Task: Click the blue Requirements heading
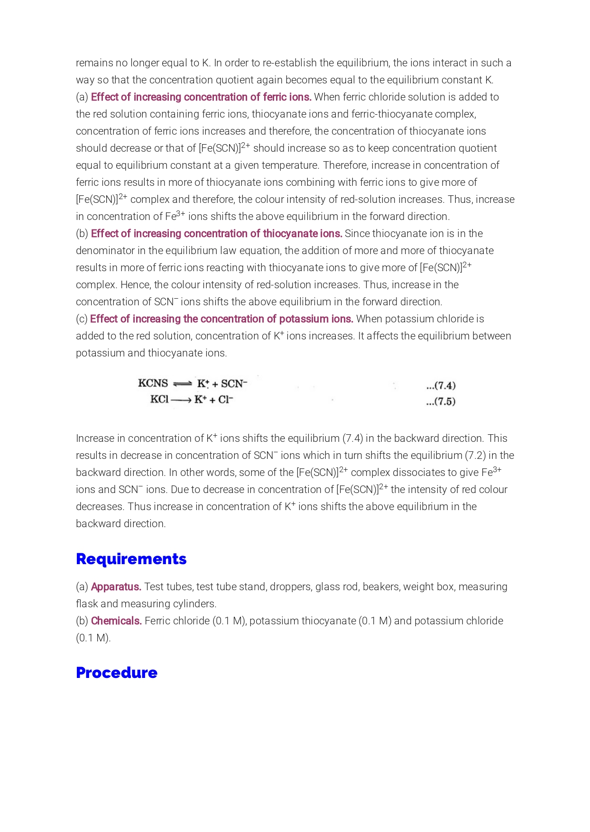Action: click(x=131, y=559)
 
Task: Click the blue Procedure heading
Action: click(x=116, y=673)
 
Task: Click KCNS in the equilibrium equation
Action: click(x=153, y=383)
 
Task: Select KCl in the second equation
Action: click(x=159, y=399)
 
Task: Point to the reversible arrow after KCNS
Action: click(x=182, y=384)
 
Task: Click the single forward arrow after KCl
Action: click(x=181, y=400)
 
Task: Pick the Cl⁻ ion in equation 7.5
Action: click(x=226, y=400)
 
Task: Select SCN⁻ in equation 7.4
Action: click(x=234, y=383)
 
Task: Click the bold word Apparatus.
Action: click(x=116, y=587)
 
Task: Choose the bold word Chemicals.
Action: click(x=116, y=621)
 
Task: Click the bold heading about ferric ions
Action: click(x=201, y=97)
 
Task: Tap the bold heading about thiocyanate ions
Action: click(x=216, y=234)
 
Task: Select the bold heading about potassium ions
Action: click(x=221, y=319)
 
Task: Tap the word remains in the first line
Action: click(x=94, y=63)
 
